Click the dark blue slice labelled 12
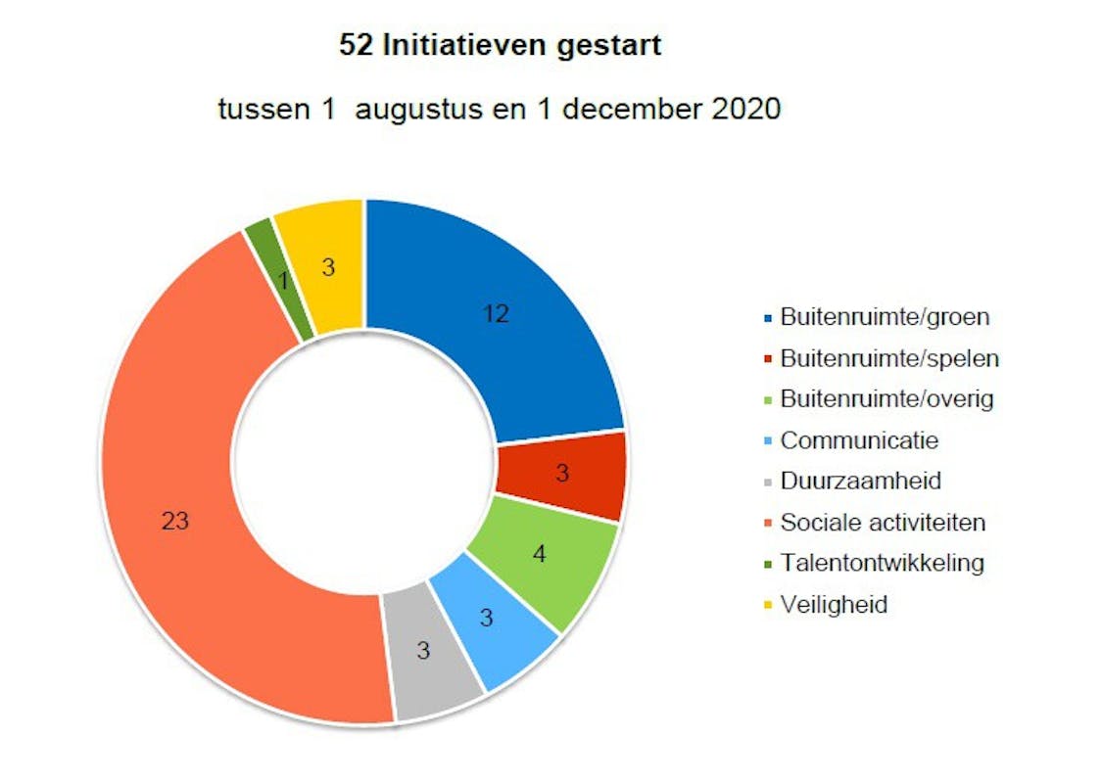coord(490,313)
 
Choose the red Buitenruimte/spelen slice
coord(560,475)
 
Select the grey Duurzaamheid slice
coord(424,649)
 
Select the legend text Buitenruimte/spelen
coord(889,358)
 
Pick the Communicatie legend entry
coord(859,440)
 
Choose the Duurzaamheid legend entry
coord(861,482)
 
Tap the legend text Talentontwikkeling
coord(882,564)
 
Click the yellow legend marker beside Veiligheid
coord(766,606)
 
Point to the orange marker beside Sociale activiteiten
coord(766,524)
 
